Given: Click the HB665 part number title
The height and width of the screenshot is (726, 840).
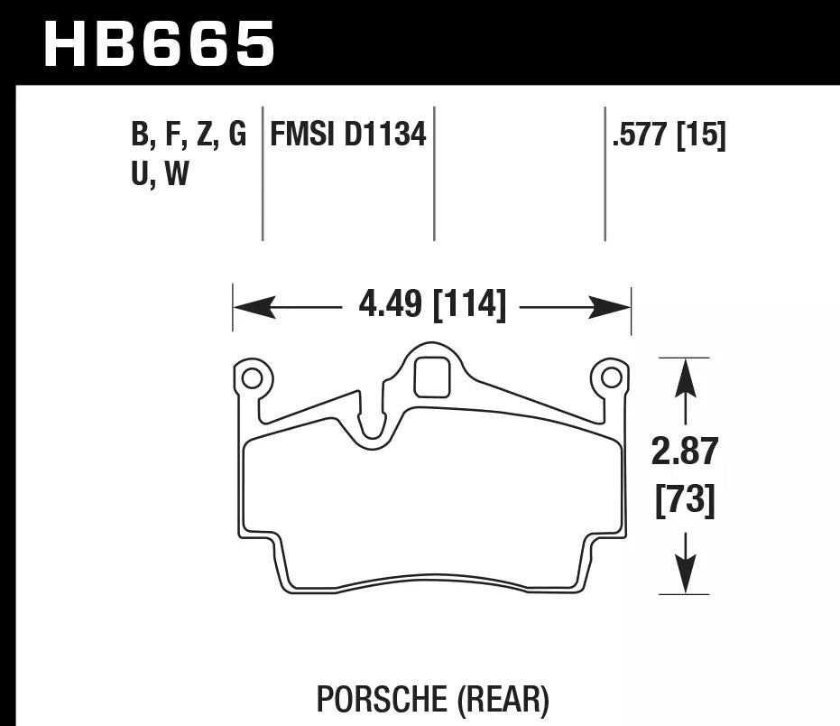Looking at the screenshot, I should (159, 42).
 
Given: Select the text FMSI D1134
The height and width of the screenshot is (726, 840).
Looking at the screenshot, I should (347, 135).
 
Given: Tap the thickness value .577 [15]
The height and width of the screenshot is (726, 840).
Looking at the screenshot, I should (668, 135).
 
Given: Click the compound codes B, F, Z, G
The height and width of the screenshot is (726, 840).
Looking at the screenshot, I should (189, 135).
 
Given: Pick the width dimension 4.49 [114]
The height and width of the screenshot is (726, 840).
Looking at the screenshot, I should (431, 305).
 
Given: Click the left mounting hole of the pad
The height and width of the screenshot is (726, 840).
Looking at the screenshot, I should (253, 377).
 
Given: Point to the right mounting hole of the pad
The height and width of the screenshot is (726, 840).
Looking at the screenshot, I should (611, 377).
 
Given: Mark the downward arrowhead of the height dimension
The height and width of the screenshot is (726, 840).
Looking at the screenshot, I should (686, 574).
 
